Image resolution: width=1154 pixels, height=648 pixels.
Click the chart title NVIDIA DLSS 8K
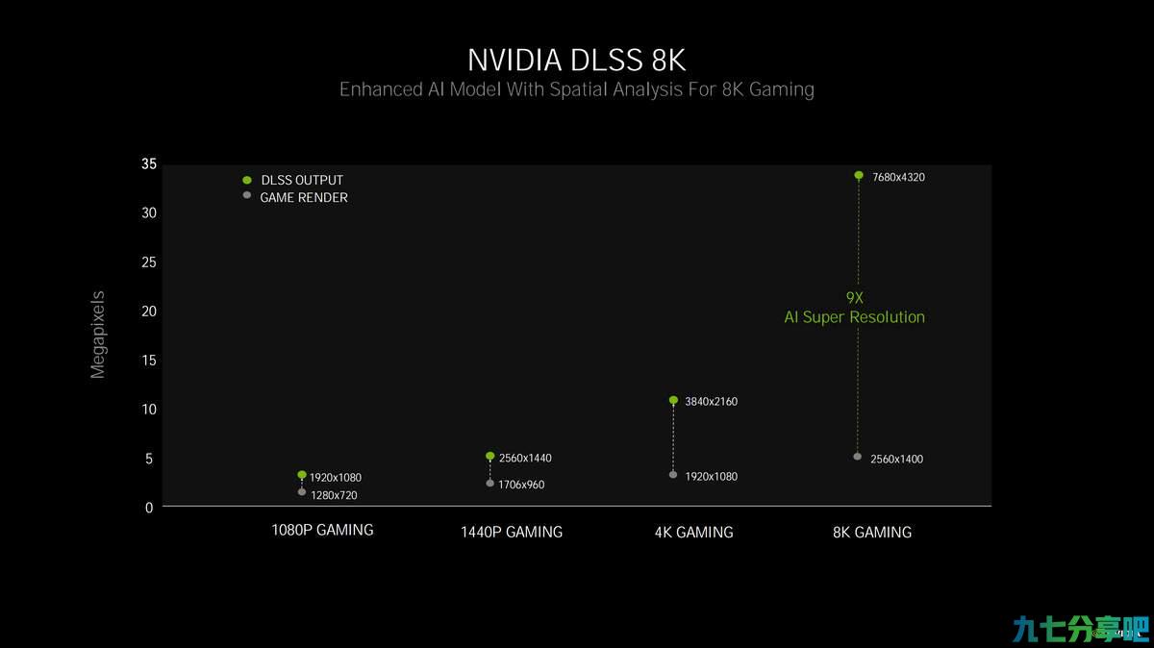576,61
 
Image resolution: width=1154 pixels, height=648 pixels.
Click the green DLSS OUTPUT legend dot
247,180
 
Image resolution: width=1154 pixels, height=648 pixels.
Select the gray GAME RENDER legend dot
247,195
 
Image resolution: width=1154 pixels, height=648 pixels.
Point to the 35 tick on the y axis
149,163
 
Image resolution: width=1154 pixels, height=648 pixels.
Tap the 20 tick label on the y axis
149,312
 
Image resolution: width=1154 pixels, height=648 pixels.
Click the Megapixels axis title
97,335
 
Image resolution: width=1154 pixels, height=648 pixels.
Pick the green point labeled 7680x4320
858,175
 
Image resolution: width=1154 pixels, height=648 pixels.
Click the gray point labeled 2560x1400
857,457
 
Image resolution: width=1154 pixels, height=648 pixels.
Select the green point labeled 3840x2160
673,400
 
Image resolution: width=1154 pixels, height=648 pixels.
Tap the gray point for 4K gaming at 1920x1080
673,474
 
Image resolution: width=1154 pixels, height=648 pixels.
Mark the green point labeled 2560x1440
489,456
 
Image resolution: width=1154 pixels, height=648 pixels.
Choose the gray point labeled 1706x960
489,483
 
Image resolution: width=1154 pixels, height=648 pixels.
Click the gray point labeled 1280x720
302,492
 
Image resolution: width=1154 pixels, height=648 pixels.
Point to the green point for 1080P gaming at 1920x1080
302,474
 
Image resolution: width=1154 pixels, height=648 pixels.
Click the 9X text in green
854,298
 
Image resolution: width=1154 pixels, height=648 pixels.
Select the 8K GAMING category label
872,532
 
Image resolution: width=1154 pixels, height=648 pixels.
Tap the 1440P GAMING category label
511,532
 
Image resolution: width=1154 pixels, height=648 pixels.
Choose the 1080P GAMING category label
322,530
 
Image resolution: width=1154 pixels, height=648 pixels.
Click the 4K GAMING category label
694,532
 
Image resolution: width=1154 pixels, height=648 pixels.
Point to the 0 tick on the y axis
149,508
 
